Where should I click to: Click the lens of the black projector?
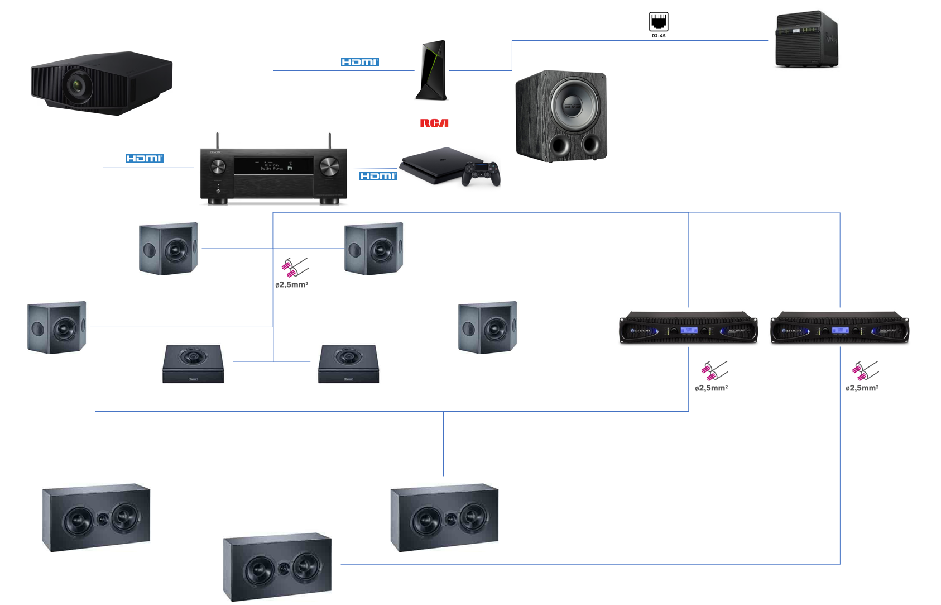[x=76, y=85]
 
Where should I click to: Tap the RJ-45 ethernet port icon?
[x=659, y=22]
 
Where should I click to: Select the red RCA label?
[x=434, y=123]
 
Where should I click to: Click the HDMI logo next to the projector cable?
[x=145, y=159]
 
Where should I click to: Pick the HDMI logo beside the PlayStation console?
[x=378, y=176]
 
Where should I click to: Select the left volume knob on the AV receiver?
[x=218, y=166]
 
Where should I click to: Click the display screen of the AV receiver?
[x=273, y=165]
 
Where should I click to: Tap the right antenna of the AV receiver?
[x=329, y=141]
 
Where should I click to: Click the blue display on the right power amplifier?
[x=840, y=330]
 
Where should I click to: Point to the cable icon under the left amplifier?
[x=714, y=370]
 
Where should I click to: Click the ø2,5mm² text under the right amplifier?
[x=862, y=388]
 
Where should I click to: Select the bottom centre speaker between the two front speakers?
[x=277, y=566]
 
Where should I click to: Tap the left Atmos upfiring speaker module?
[x=193, y=364]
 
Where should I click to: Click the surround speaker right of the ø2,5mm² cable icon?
[x=374, y=249]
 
